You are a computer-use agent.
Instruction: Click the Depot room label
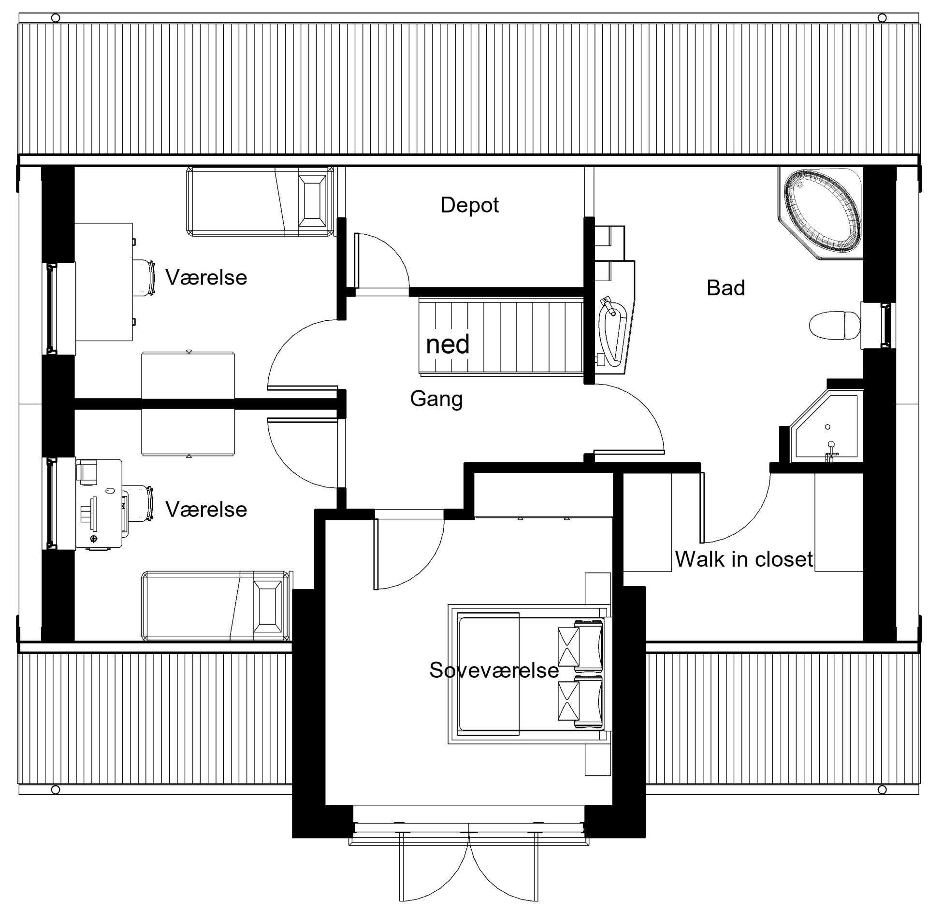click(x=469, y=206)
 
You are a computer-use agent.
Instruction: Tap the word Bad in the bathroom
click(x=725, y=288)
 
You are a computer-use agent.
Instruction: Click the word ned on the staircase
click(x=448, y=344)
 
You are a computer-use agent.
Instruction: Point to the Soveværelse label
click(x=494, y=670)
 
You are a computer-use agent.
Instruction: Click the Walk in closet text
click(x=744, y=559)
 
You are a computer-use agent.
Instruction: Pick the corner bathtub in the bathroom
click(x=820, y=214)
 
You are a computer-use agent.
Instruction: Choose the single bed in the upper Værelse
click(x=260, y=202)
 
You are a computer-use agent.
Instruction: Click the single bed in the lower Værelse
click(x=217, y=606)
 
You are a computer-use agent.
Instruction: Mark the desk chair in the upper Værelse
click(x=144, y=277)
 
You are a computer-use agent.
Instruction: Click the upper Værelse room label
click(x=206, y=278)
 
